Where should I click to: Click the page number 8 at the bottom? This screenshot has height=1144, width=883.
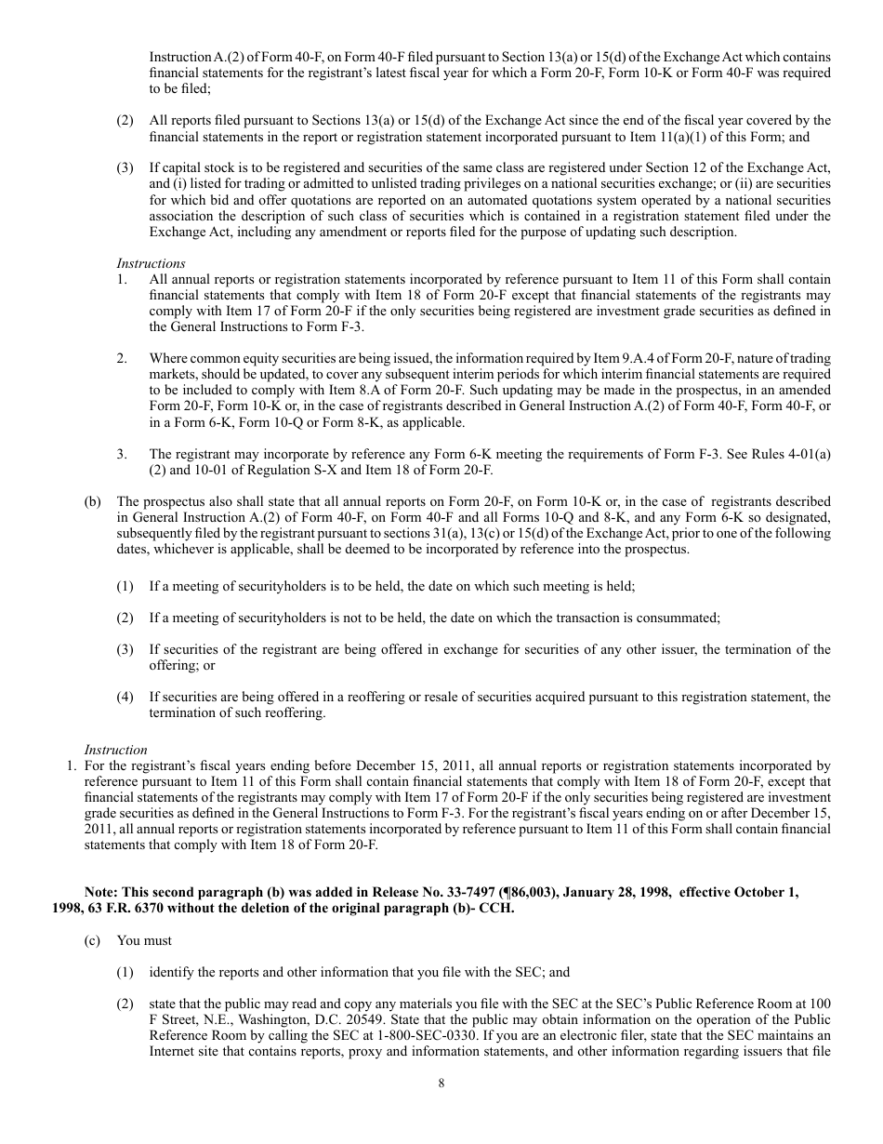tap(441, 1083)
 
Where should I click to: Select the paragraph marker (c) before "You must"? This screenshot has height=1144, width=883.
tap(92, 941)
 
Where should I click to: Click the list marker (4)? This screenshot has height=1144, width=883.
tap(125, 697)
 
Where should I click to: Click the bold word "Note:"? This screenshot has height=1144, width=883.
tap(103, 892)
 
